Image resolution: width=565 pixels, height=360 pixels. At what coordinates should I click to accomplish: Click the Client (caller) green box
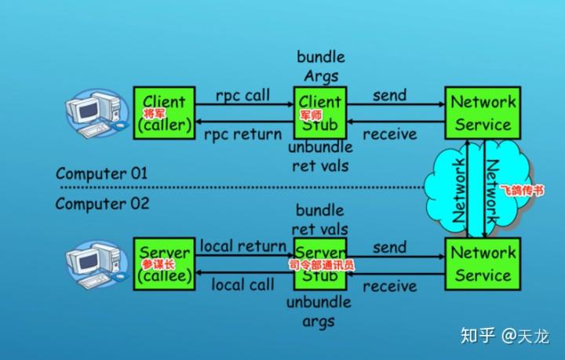pos(164,113)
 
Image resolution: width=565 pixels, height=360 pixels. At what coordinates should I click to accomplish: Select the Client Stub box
pos(319,113)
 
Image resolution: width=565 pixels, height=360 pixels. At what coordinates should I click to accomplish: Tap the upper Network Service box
pos(483,113)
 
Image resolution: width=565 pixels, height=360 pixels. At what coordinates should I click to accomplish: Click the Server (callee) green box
pos(164,264)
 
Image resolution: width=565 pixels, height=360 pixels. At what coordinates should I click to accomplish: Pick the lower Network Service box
pos(483,264)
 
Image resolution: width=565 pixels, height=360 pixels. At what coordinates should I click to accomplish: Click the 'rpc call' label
pos(242,96)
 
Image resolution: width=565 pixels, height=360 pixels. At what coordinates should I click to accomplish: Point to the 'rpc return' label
pos(242,134)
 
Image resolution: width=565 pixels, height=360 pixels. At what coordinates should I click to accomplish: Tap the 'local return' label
pos(242,246)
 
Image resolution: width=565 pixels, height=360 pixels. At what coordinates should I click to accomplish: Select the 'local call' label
pos(242,285)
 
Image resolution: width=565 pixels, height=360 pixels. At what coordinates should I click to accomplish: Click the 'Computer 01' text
pos(101,173)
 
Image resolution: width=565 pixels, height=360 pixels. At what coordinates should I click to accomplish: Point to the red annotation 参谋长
pos(155,265)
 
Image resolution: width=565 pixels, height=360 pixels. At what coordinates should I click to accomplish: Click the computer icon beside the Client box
pos(95,112)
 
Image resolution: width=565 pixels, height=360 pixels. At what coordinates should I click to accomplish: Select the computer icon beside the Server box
pos(95,263)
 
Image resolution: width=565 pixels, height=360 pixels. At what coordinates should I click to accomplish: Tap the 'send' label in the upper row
pos(390,96)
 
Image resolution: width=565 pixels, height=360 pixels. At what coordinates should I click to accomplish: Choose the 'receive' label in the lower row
pos(390,285)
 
